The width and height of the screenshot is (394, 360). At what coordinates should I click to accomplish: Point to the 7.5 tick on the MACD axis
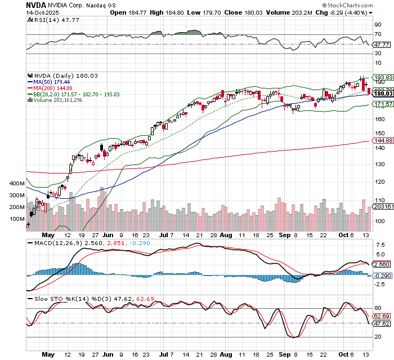pos(380,246)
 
